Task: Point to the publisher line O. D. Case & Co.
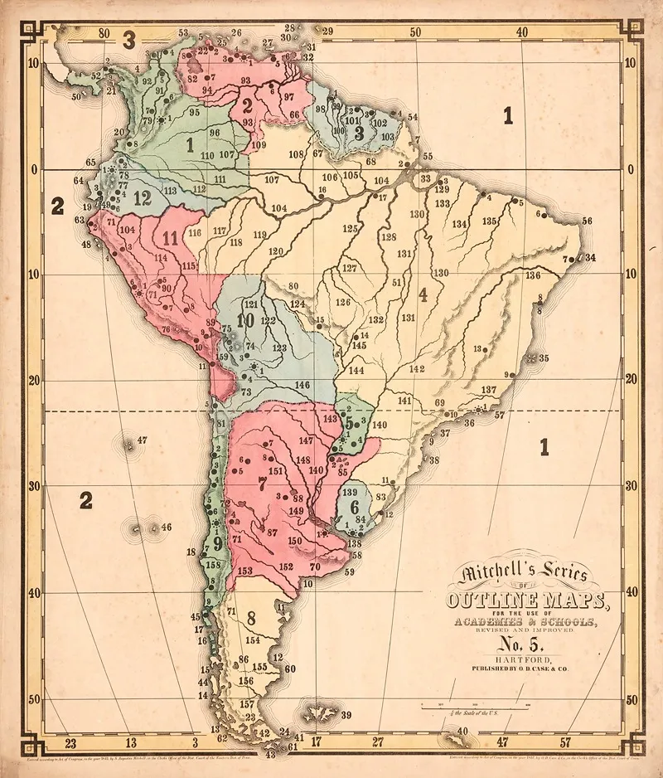click(520, 666)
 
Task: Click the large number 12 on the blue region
click(142, 197)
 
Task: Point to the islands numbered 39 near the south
click(319, 712)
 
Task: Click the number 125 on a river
click(350, 228)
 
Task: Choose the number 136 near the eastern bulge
click(532, 275)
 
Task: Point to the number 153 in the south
click(244, 571)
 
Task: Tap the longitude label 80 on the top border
click(104, 33)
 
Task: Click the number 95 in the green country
click(194, 112)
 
